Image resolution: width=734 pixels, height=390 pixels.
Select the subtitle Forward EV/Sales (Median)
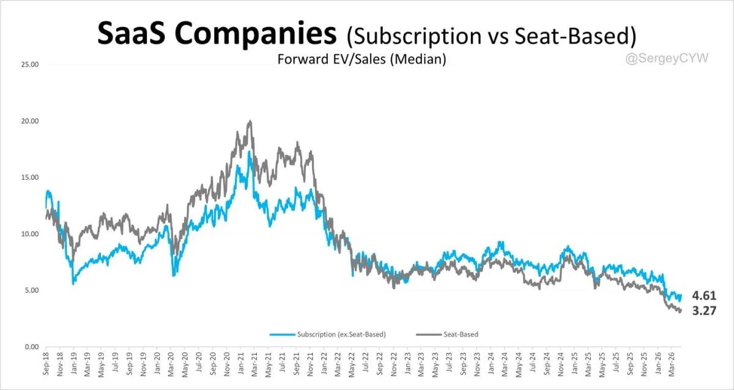[x=361, y=59]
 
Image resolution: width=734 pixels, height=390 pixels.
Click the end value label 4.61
[x=704, y=296]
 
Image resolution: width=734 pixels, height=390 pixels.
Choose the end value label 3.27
[x=704, y=311]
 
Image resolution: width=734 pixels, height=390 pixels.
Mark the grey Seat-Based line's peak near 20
[x=249, y=121]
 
